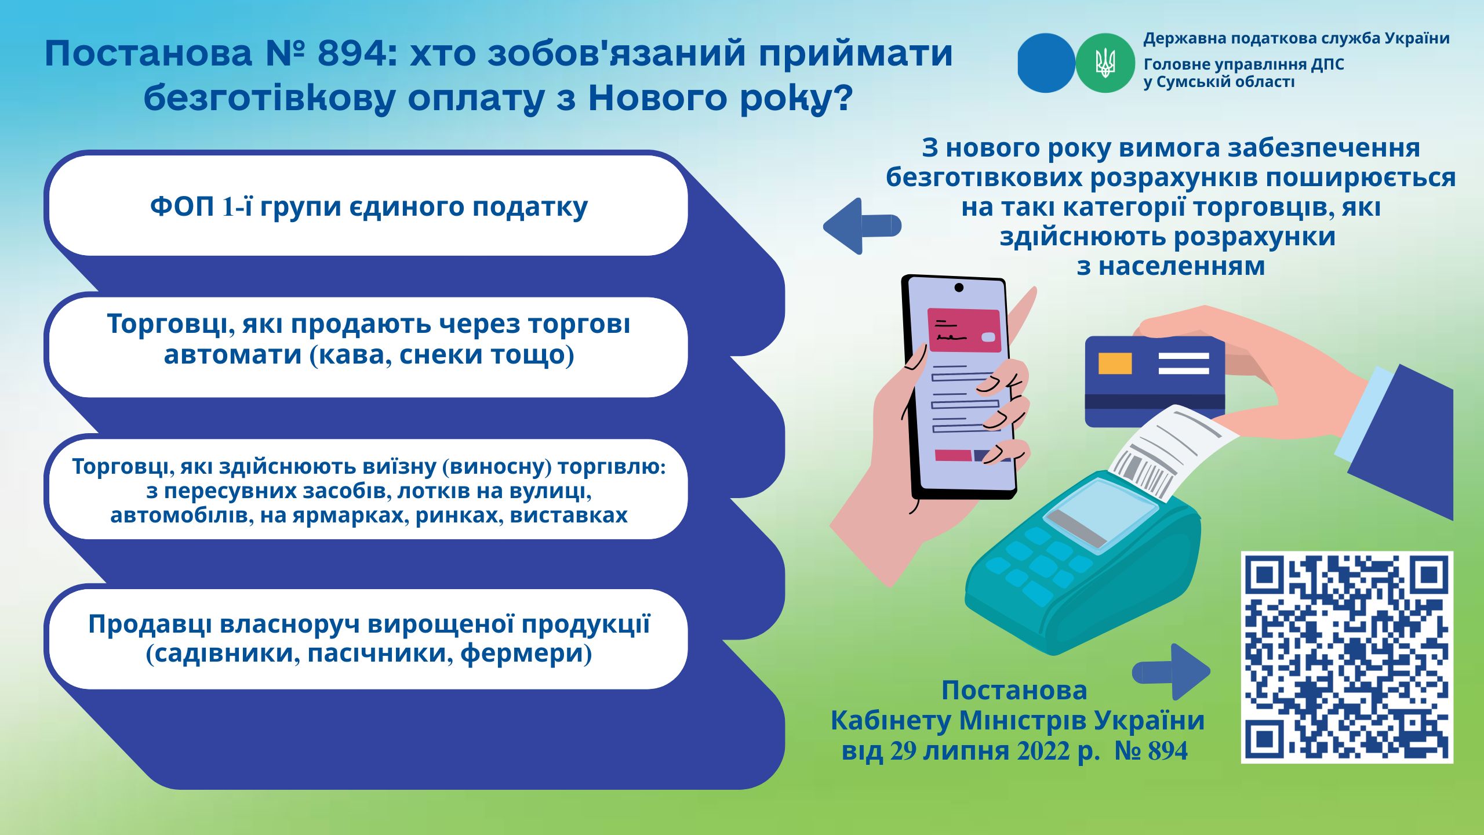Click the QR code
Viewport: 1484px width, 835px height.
[x=1347, y=657]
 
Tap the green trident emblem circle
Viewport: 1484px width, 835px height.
[x=1105, y=63]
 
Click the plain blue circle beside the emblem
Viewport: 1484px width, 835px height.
[x=1047, y=63]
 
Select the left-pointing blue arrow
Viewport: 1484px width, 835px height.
[x=862, y=226]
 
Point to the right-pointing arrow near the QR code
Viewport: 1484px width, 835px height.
[x=1172, y=671]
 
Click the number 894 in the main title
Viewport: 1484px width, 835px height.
[x=352, y=53]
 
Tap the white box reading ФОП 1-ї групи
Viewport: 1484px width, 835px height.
[x=369, y=206]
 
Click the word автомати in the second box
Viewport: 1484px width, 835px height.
[x=233, y=354]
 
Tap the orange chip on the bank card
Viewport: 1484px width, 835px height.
[x=1115, y=363]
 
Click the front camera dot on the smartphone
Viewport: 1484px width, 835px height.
[x=959, y=287]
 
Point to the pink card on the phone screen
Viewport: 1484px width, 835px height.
[x=965, y=329]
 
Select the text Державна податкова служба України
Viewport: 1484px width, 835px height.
[x=1297, y=39]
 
